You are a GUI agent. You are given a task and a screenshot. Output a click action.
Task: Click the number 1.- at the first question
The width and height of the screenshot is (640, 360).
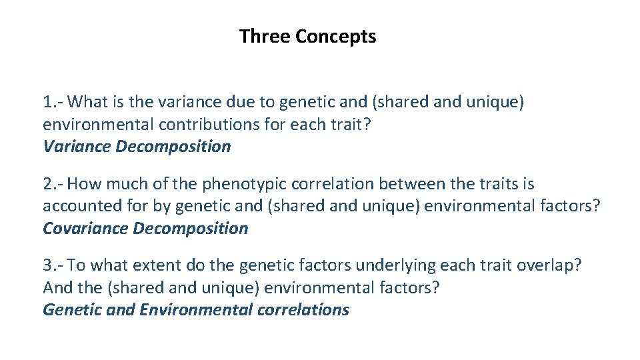click(53, 102)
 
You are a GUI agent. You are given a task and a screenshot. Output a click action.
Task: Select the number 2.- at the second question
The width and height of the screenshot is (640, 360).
click(53, 183)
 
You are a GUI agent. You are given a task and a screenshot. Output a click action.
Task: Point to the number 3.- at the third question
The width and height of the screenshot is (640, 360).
click(53, 265)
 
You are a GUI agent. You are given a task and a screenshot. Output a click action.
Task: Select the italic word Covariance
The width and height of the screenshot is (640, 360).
click(85, 229)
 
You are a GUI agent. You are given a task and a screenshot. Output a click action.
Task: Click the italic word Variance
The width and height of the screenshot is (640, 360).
click(77, 147)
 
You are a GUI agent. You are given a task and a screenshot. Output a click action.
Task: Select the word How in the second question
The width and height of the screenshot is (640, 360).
click(84, 183)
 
